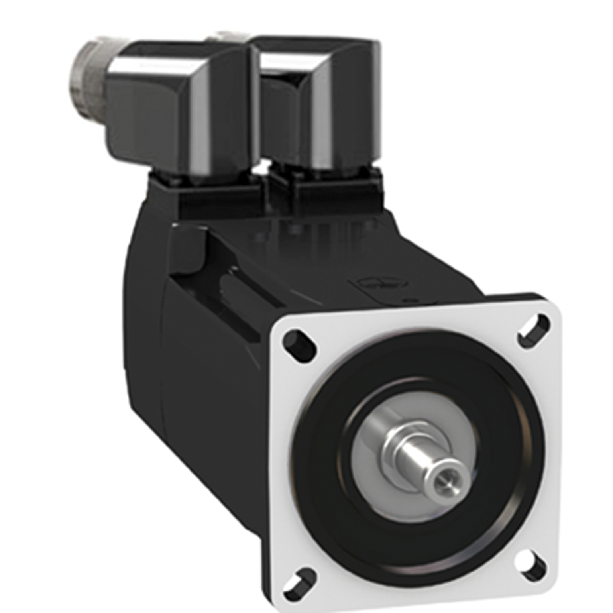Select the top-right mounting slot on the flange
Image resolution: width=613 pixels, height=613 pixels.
(533, 326)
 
